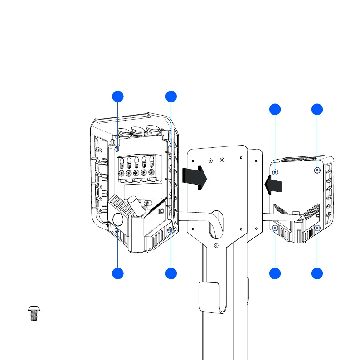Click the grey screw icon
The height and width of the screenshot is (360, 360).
pyautogui.click(x=33, y=313)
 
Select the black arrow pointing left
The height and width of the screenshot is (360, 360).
pyautogui.click(x=273, y=185)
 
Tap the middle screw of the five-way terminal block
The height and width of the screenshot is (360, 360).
pyautogui.click(x=136, y=173)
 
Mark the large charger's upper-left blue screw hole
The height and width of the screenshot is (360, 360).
pyautogui.click(x=118, y=148)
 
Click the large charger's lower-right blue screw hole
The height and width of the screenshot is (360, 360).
pyautogui.click(x=170, y=231)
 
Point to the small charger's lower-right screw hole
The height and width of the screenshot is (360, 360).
pyautogui.click(x=317, y=227)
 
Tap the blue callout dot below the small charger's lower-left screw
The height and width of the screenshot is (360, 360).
pyautogui.click(x=275, y=273)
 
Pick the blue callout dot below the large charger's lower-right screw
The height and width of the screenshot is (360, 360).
pyautogui.click(x=171, y=273)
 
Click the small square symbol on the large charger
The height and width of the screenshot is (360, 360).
pyautogui.click(x=161, y=210)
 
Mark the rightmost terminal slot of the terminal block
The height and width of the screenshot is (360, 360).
pyautogui.click(x=151, y=162)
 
